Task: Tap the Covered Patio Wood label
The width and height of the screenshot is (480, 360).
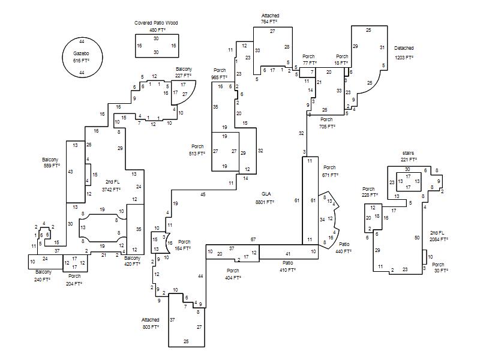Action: (x=156, y=23)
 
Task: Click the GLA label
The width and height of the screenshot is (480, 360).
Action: (x=266, y=194)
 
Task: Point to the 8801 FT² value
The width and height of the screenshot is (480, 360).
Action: (x=265, y=202)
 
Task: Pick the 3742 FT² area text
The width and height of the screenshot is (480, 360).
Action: (x=112, y=190)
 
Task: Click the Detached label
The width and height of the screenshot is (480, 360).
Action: (x=404, y=48)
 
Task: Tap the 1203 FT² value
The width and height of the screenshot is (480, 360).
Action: (x=404, y=58)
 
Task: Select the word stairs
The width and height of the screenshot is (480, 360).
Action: (x=408, y=153)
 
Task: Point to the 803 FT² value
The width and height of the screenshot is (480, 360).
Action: (x=151, y=328)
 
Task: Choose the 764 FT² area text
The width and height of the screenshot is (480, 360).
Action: (x=269, y=22)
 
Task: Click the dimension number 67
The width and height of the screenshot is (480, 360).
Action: (x=253, y=240)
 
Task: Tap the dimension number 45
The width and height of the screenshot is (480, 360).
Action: (x=203, y=194)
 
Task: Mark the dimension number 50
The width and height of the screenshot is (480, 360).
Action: (x=417, y=238)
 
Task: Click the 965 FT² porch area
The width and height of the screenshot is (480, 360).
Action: (x=218, y=77)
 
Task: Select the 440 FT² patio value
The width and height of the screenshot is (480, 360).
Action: (x=344, y=251)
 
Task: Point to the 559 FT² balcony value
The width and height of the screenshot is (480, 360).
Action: (x=50, y=166)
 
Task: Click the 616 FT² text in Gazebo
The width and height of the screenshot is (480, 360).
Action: (x=81, y=61)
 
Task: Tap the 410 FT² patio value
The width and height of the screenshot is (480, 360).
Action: (x=288, y=270)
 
